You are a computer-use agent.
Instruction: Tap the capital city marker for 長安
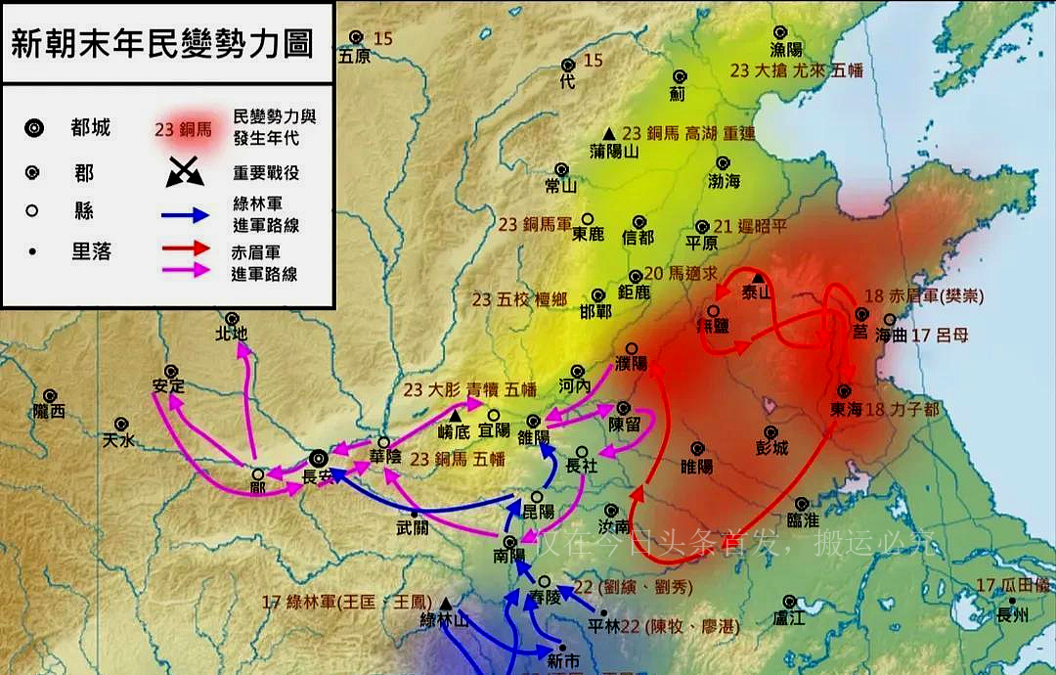pyautogui.click(x=318, y=459)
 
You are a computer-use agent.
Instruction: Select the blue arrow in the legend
pyautogui.click(x=186, y=214)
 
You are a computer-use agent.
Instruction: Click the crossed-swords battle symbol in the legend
pyautogui.click(x=186, y=172)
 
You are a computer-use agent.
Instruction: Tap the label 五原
pyautogui.click(x=355, y=57)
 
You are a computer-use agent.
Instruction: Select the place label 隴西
pyautogui.click(x=48, y=412)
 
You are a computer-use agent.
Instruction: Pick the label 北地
pyautogui.click(x=232, y=335)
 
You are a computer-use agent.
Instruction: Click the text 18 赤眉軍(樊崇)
pyautogui.click(x=923, y=296)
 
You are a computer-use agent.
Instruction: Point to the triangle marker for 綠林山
pyautogui.click(x=446, y=604)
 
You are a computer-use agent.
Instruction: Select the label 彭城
pyautogui.click(x=771, y=449)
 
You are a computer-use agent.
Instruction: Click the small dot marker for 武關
pyautogui.click(x=415, y=513)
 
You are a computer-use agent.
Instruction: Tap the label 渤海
pyautogui.click(x=724, y=181)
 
